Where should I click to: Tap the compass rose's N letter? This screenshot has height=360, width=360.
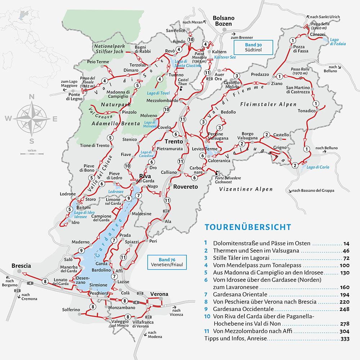(x=32, y=96)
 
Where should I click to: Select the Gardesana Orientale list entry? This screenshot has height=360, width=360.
(x=236, y=294)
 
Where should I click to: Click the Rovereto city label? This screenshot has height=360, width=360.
(x=186, y=187)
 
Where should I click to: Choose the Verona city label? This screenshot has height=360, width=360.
(x=159, y=294)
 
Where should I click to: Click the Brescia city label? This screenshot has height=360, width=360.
(x=22, y=266)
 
